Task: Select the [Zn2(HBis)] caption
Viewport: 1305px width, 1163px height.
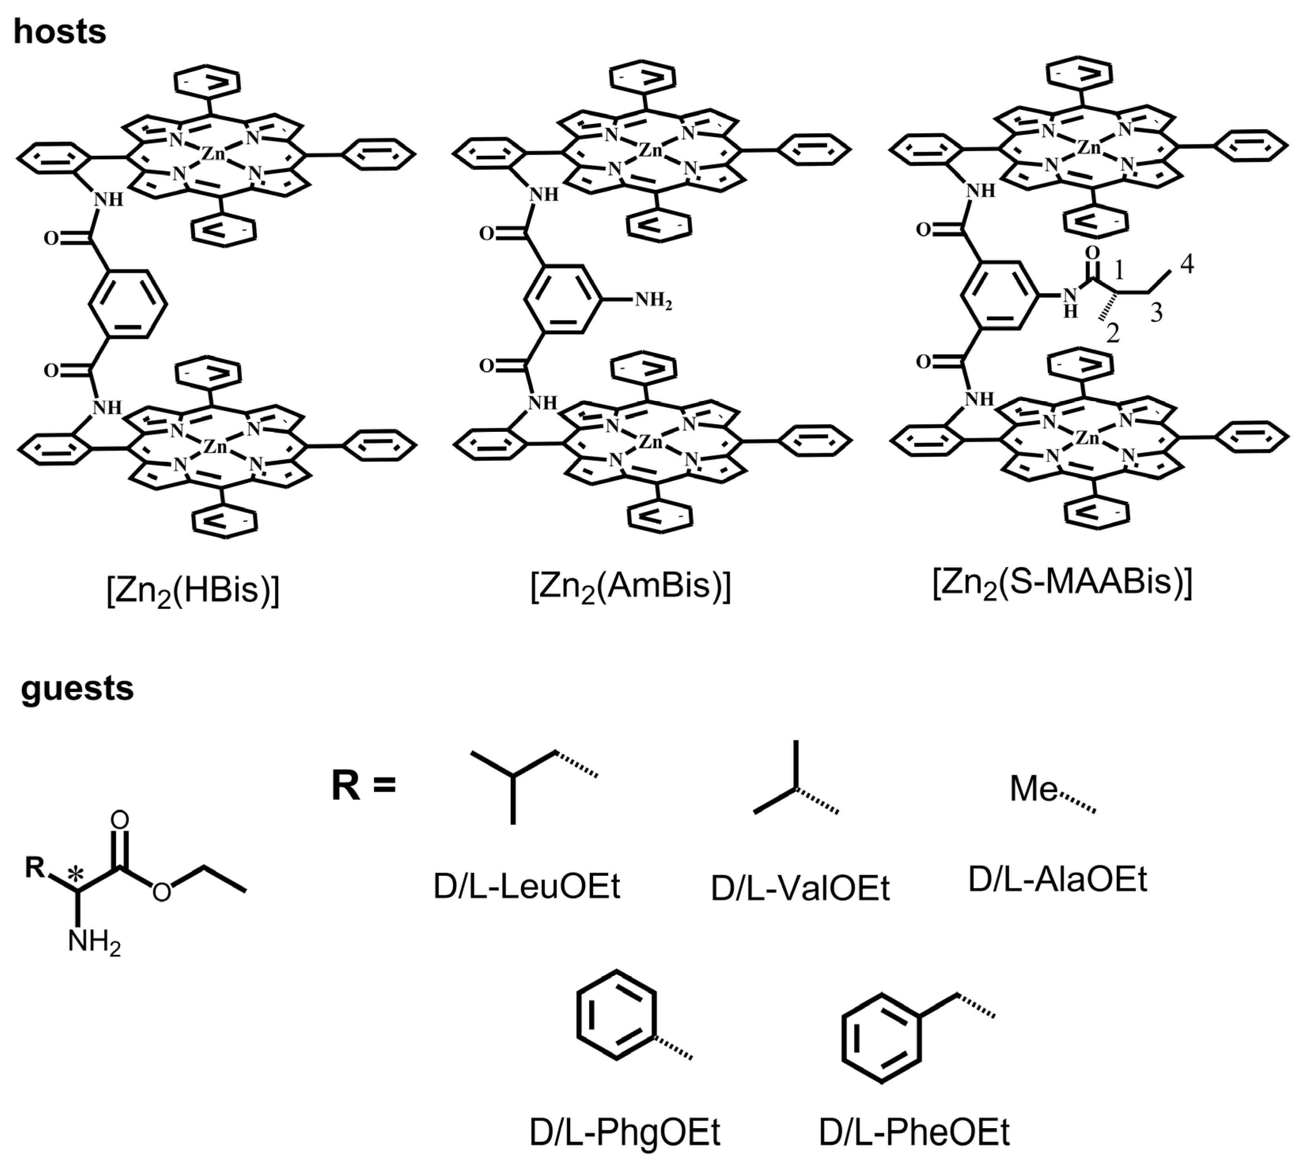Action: click(x=193, y=590)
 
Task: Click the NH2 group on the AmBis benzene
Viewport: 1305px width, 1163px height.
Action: click(x=653, y=300)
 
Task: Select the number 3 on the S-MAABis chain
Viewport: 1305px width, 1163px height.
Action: click(x=1156, y=313)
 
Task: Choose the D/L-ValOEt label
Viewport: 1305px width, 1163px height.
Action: click(x=800, y=889)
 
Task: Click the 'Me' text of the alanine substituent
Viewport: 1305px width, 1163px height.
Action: click(x=1033, y=789)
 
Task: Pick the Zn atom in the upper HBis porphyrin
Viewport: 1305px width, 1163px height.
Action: click(x=214, y=154)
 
